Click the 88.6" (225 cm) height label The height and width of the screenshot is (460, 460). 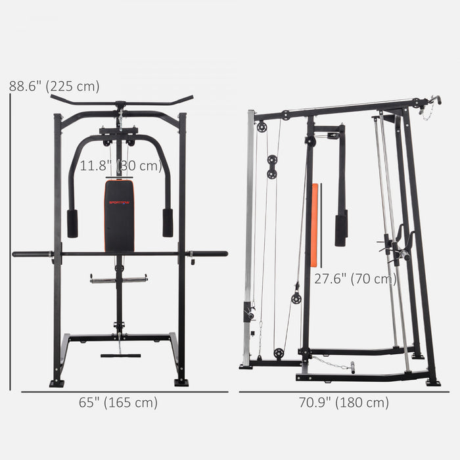54,86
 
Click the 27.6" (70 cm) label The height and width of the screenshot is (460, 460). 356,279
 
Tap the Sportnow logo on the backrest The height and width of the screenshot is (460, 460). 119,202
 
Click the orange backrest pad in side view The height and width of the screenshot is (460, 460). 315,216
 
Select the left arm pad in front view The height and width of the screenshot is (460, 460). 72,223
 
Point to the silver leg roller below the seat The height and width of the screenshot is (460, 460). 119,279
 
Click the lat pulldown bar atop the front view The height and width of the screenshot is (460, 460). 121,103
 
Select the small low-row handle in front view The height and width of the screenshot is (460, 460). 120,356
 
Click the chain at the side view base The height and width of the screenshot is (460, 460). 330,363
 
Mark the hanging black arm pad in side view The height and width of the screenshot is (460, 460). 340,229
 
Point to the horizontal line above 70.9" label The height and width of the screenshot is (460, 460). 344,392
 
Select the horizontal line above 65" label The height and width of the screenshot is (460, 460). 124,392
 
